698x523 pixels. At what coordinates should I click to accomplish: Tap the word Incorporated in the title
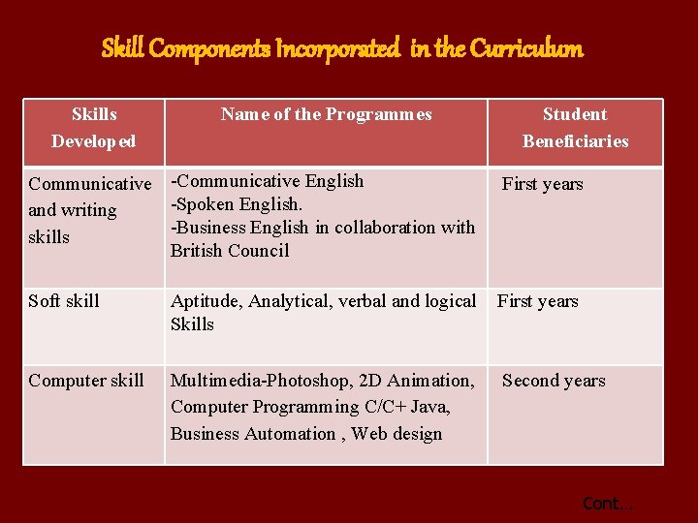pos(337,48)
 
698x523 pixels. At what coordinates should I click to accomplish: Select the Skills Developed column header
pos(93,128)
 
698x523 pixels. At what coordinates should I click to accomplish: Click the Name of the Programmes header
pos(326,114)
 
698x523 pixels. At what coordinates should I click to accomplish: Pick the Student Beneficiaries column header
pos(575,128)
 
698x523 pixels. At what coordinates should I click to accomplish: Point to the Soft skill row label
pos(64,301)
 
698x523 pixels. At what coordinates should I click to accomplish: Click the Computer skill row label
pos(86,381)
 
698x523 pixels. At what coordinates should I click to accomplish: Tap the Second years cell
pos(554,381)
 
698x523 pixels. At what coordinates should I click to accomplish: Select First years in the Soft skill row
pos(538,301)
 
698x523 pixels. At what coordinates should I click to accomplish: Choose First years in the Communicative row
pos(542,184)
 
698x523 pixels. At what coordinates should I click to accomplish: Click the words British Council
pos(230,251)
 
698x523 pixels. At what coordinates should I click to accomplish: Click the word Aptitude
pos(205,301)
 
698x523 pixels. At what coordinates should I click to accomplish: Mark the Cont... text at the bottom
pos(607,504)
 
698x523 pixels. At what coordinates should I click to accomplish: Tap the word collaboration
pos(383,228)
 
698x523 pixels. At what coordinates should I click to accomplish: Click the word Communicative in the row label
pos(90,184)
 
